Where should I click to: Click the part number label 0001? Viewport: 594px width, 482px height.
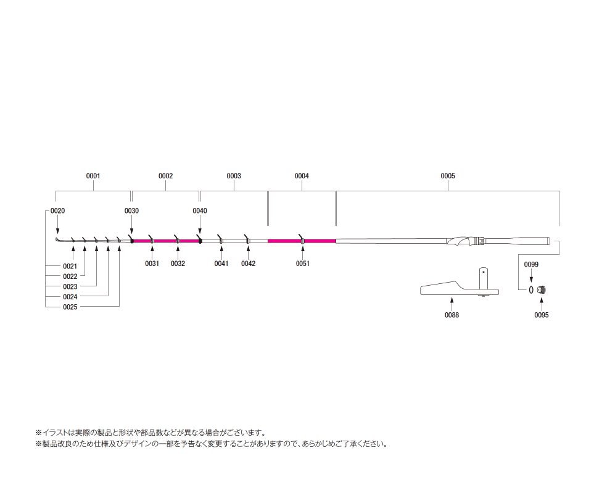click(93, 176)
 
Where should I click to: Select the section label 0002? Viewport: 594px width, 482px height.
click(165, 176)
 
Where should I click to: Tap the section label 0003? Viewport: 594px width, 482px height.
click(234, 176)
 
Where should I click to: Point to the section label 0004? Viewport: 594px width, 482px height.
click(302, 176)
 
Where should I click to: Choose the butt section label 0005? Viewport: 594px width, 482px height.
click(448, 176)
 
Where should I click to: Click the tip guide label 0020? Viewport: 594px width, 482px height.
click(57, 211)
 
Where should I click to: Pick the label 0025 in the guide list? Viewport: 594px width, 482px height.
click(70, 307)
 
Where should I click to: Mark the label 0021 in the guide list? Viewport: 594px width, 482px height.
click(70, 266)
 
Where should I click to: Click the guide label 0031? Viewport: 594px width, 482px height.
click(152, 264)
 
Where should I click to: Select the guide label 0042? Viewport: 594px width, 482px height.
click(248, 264)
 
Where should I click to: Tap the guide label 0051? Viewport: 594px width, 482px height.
click(302, 264)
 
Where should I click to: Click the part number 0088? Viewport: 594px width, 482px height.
click(452, 315)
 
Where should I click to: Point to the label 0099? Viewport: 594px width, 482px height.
click(531, 265)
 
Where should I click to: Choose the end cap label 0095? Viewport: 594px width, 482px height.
click(542, 315)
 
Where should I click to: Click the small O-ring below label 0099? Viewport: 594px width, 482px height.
click(531, 289)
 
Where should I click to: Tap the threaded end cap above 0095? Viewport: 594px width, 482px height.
click(542, 289)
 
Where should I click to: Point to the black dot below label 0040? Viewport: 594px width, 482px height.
click(200, 241)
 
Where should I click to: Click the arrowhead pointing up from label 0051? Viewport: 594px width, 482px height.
click(302, 249)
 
